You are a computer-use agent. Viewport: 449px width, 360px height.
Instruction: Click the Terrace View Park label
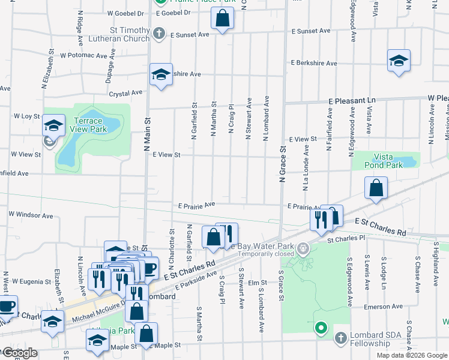[88, 125]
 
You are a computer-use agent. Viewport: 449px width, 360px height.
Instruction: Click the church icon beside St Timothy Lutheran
[158, 33]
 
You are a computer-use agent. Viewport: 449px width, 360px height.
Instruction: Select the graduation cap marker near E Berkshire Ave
[399, 61]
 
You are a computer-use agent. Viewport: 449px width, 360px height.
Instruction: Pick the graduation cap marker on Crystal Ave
[160, 75]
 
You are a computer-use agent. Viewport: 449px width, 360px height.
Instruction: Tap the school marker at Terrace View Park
[54, 126]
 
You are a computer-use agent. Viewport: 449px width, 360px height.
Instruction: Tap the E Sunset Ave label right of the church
[311, 31]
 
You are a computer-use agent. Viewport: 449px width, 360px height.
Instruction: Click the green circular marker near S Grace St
[321, 328]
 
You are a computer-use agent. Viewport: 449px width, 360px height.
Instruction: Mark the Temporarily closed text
[266, 254]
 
